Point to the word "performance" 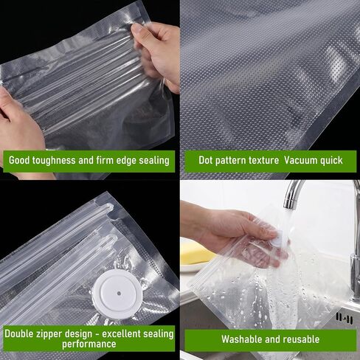(x=89, y=344)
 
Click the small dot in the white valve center (x=119, y=294)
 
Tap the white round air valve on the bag (x=118, y=294)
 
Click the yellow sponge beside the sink (x=195, y=254)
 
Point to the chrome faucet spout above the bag (x=292, y=194)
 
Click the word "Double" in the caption (x=17, y=333)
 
